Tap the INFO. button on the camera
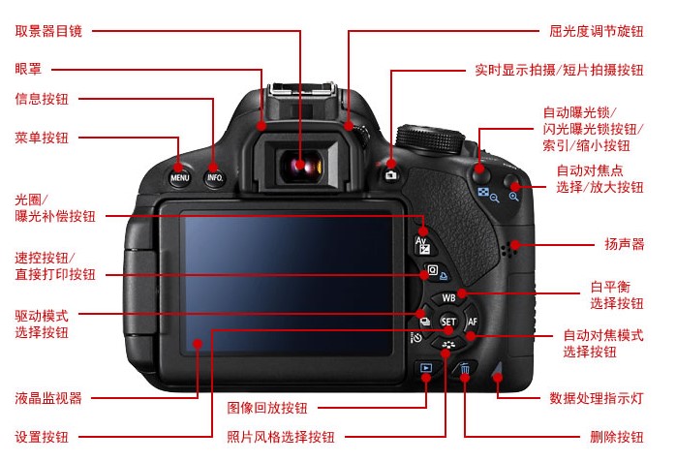[215, 176]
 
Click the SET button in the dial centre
[448, 322]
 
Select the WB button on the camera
[448, 297]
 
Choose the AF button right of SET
[472, 322]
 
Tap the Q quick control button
[436, 271]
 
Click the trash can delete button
[464, 369]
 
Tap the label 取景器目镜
[48, 31]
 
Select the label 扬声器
[625, 244]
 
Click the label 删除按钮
[617, 437]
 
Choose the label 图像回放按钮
[267, 408]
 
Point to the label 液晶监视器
[48, 398]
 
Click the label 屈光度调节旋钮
[597, 31]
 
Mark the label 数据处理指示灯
[597, 398]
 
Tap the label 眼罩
[28, 69]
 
